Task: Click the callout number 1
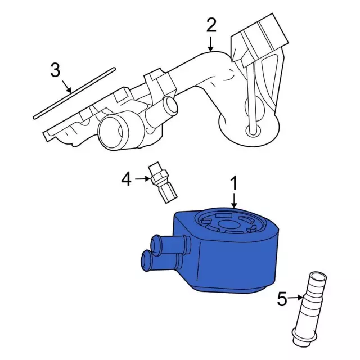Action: [234, 183]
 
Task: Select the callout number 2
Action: [211, 25]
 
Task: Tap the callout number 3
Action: [55, 70]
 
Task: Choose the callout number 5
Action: [282, 299]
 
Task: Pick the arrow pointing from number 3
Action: [67, 86]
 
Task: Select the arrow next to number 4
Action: [142, 179]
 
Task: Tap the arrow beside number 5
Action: [295, 298]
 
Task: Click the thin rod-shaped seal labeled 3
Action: [74, 93]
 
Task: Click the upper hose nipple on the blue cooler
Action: [170, 245]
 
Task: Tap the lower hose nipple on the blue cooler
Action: [161, 261]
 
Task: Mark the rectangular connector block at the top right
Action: [259, 40]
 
